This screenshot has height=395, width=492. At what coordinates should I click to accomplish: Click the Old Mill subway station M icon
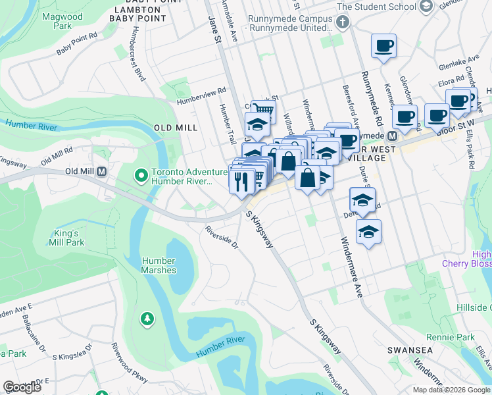[x=102, y=172]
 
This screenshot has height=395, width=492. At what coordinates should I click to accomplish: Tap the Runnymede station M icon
[x=392, y=136]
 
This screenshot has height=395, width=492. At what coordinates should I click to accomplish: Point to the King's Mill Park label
[x=66, y=238]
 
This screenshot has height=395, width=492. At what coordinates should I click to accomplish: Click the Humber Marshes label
[x=159, y=265]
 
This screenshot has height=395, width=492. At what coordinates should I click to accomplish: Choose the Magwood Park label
[x=55, y=20]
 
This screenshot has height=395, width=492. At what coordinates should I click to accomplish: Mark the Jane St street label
[x=214, y=30]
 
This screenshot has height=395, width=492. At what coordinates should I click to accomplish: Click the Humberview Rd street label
[x=201, y=97]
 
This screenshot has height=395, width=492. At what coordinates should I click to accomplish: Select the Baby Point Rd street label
[x=76, y=46]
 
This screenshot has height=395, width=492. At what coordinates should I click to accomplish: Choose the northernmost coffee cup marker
[x=383, y=46]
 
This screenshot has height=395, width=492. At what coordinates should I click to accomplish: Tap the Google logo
[x=22, y=387]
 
